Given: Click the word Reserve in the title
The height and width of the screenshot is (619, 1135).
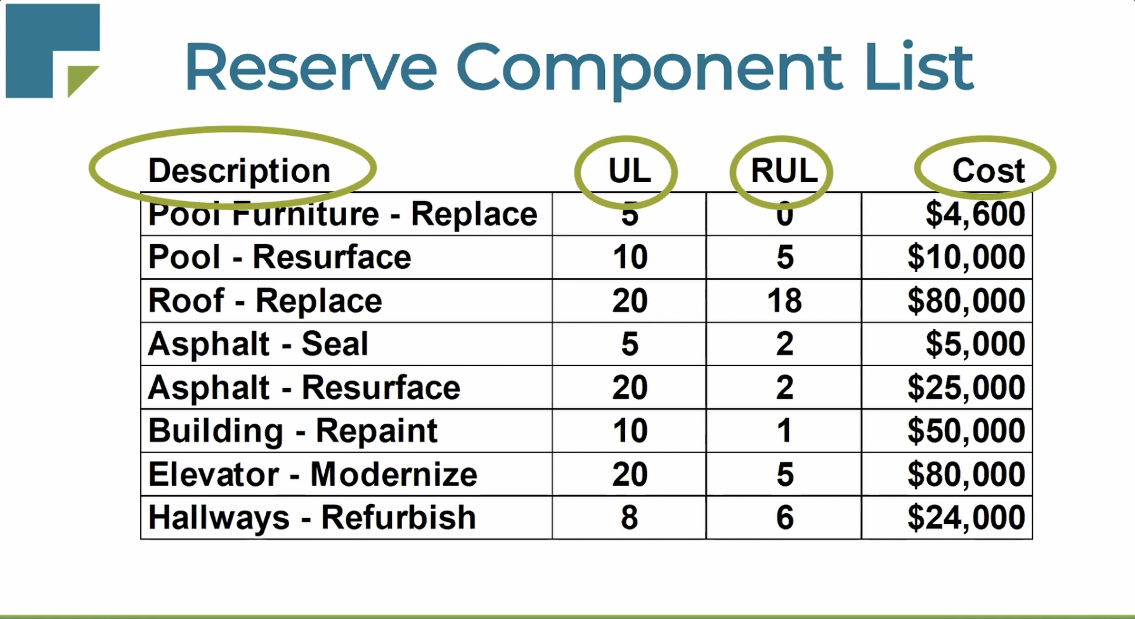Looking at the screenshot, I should coord(310,67).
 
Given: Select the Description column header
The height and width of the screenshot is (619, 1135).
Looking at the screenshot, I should coord(239,171).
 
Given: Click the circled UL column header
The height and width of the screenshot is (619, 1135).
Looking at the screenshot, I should coord(629,171).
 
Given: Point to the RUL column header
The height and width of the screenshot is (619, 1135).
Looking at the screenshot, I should coord(784,171).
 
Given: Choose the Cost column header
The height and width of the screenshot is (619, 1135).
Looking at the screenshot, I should coord(988,171).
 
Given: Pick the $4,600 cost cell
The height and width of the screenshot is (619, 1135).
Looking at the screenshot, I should coord(975,214).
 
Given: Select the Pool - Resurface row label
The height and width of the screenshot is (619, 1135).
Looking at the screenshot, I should coord(280,257).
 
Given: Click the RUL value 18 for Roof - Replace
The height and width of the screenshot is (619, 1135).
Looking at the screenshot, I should coord(784,301).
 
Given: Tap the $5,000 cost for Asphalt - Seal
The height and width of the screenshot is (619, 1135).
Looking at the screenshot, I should coord(975,344).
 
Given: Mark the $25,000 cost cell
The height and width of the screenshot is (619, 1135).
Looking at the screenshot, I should coord(966,388).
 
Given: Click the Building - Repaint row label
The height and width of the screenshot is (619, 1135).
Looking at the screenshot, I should coord(292,431).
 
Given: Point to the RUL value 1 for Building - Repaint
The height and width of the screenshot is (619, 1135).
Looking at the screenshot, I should coord(784,431).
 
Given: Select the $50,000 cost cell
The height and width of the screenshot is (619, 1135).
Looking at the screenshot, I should coord(966,431).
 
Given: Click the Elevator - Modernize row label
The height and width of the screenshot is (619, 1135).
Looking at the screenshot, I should coord(313,474).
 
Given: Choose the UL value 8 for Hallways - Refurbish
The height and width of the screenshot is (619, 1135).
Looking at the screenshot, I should coord(629,518).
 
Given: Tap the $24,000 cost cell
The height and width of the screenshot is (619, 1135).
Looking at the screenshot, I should coord(966,518).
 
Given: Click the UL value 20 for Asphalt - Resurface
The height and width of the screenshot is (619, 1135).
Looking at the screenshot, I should coord(629,388).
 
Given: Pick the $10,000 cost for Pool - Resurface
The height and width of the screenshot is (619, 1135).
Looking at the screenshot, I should coord(966,257).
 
